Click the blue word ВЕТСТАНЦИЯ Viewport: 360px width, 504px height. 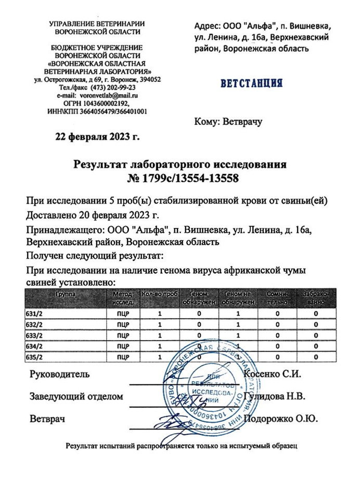click(251, 83)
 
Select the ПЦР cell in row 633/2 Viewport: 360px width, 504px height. click(123, 335)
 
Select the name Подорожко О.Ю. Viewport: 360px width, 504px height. click(280, 418)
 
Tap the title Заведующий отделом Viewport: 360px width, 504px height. click(76, 396)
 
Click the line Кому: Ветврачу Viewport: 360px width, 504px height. click(227, 122)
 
